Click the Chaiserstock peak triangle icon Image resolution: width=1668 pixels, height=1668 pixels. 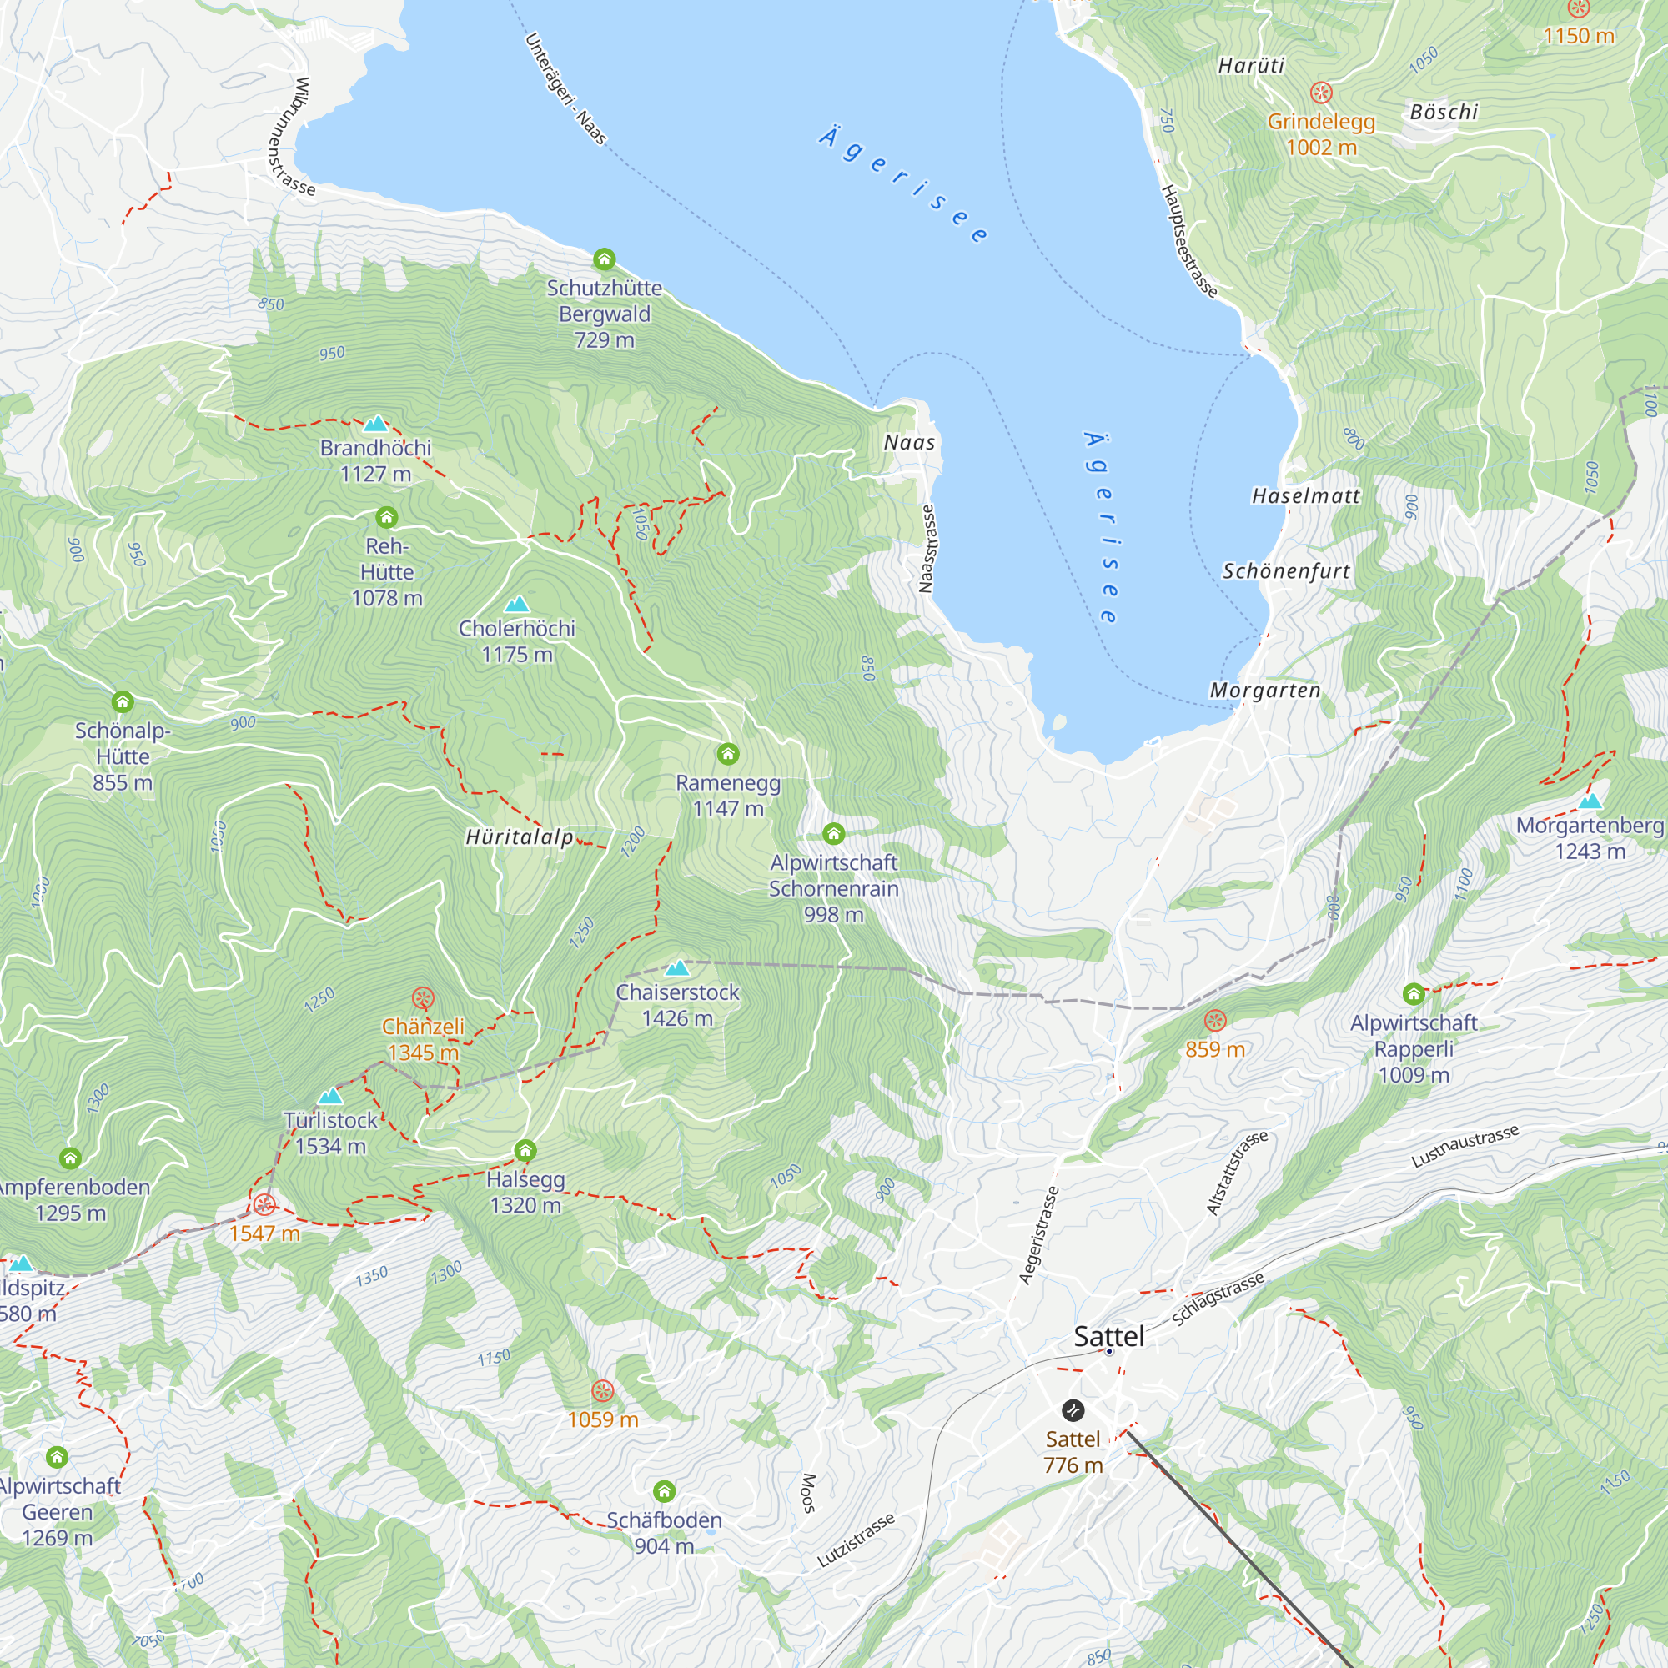coord(678,967)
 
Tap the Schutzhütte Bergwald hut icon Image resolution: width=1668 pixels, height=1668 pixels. coord(605,259)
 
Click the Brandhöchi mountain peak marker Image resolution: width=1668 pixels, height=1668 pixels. coord(375,424)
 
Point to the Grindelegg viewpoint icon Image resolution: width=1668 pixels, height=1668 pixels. coord(1321,93)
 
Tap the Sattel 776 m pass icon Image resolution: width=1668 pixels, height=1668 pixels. coord(1073,1409)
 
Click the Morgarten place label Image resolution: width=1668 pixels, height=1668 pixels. coord(1265,691)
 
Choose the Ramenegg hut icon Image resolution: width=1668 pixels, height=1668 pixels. coord(728,754)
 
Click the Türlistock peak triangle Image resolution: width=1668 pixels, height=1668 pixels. coord(330,1097)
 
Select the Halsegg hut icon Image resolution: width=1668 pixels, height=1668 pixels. coord(525,1150)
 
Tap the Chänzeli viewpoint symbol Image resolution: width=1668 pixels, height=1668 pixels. coord(422,999)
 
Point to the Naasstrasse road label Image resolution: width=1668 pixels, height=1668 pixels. coord(927,549)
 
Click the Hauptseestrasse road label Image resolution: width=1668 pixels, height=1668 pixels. coord(1188,242)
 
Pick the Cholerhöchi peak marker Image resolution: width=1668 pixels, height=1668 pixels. coord(516,605)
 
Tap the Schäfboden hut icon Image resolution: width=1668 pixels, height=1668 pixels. coord(664,1491)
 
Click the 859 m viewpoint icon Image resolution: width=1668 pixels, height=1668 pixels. coord(1215,1021)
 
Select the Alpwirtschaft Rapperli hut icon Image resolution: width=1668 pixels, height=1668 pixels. coord(1414,994)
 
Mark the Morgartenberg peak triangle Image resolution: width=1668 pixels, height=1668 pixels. coord(1590,801)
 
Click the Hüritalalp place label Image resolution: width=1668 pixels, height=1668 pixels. coord(519,837)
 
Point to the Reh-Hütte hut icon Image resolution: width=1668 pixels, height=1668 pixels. coord(387,517)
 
